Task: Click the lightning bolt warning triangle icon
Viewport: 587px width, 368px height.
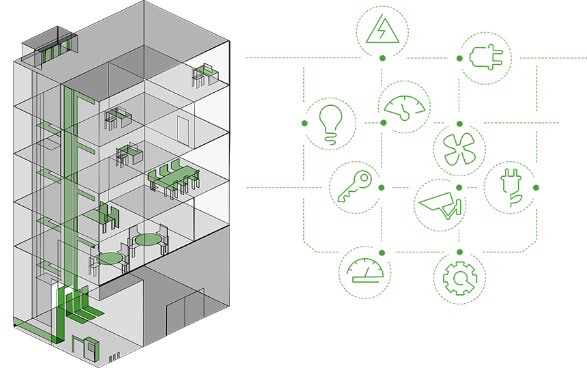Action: click(x=382, y=31)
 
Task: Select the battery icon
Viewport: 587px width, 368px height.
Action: click(x=485, y=57)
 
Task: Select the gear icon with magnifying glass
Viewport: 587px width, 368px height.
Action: click(x=459, y=279)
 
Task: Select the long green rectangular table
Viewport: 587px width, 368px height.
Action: click(x=171, y=176)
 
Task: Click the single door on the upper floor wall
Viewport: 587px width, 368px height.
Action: click(x=182, y=128)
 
